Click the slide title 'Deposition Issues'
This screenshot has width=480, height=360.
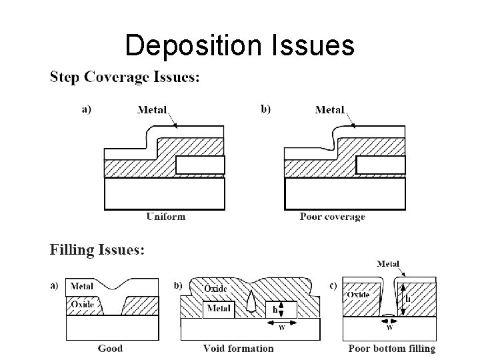coord(239,45)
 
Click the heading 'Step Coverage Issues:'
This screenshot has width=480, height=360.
coord(125,78)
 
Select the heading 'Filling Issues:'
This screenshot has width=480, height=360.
coord(97,251)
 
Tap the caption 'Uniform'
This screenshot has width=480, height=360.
coord(166,216)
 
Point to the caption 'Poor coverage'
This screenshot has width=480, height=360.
coord(332,217)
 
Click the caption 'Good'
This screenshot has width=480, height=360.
coord(110,348)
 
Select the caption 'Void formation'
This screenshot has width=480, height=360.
coord(238,348)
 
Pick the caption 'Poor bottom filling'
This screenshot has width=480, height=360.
coord(392,348)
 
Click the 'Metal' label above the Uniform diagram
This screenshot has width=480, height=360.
coord(153,110)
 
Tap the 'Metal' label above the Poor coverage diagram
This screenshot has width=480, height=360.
coord(329,110)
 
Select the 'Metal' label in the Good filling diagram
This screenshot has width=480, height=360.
coord(81,287)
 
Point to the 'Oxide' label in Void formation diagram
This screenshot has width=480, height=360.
coord(216,289)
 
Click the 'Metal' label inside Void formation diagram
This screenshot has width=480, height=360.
coord(219,308)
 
